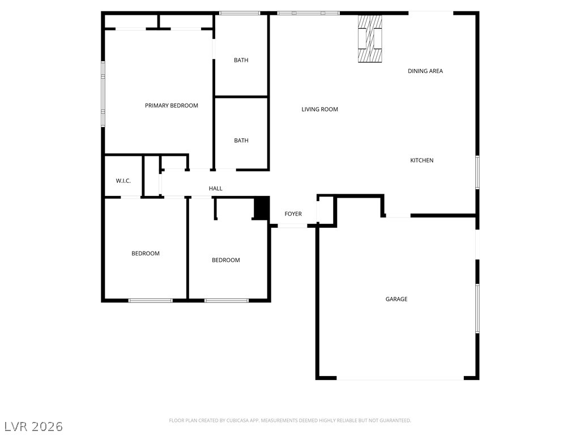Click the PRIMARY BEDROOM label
click(x=171, y=105)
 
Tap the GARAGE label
click(x=396, y=299)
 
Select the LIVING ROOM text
click(x=319, y=109)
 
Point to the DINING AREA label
click(x=425, y=71)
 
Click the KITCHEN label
click(x=421, y=160)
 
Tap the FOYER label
click(x=293, y=214)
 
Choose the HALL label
click(x=215, y=188)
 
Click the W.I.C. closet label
click(x=123, y=181)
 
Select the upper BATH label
click(x=241, y=60)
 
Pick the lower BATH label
click(x=241, y=140)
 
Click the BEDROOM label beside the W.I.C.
click(x=146, y=253)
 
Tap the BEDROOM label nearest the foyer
click(x=225, y=260)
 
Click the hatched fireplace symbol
click(x=370, y=39)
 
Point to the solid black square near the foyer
click(x=262, y=208)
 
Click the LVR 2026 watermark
click(x=33, y=427)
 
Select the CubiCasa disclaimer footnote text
click(x=290, y=421)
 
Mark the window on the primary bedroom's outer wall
click(x=103, y=94)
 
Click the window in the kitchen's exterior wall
click(x=477, y=172)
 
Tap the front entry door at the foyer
click(x=292, y=225)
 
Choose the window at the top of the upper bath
click(x=240, y=14)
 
